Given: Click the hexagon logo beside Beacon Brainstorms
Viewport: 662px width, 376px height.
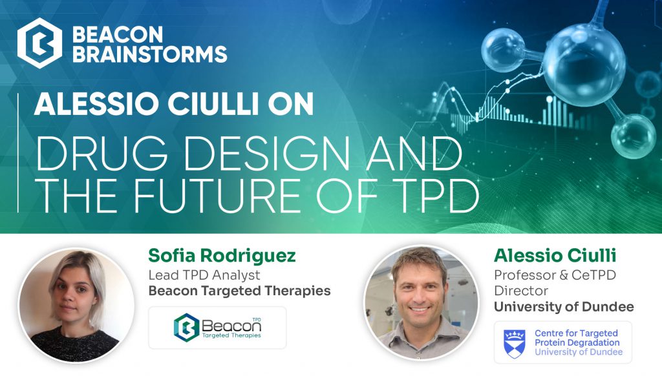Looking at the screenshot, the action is [39, 43].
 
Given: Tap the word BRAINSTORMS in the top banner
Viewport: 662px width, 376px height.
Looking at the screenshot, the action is [150, 54].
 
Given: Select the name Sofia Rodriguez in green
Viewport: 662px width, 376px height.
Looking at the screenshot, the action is [222, 256].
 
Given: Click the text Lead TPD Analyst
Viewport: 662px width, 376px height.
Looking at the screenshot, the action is [204, 275].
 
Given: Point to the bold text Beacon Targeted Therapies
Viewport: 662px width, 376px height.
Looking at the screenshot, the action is [239, 291].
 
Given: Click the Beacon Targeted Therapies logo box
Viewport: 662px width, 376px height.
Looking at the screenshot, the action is [217, 328].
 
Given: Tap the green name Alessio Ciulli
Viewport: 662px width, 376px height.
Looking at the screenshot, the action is [555, 255].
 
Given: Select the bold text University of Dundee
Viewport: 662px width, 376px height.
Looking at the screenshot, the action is [564, 307].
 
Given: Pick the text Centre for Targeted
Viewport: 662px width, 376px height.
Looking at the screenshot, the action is [576, 333].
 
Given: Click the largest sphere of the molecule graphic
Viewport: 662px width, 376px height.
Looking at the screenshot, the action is [584, 65].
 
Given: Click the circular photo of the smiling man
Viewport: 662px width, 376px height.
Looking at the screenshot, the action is [422, 302].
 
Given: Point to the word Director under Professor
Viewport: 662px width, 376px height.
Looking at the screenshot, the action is [521, 291].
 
